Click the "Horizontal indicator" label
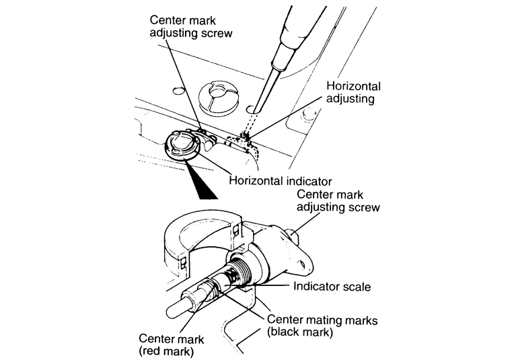coord(282,180)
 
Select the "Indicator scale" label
coord(332,286)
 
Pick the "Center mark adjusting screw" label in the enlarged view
coord(338,200)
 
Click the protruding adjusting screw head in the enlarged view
coord(295,235)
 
